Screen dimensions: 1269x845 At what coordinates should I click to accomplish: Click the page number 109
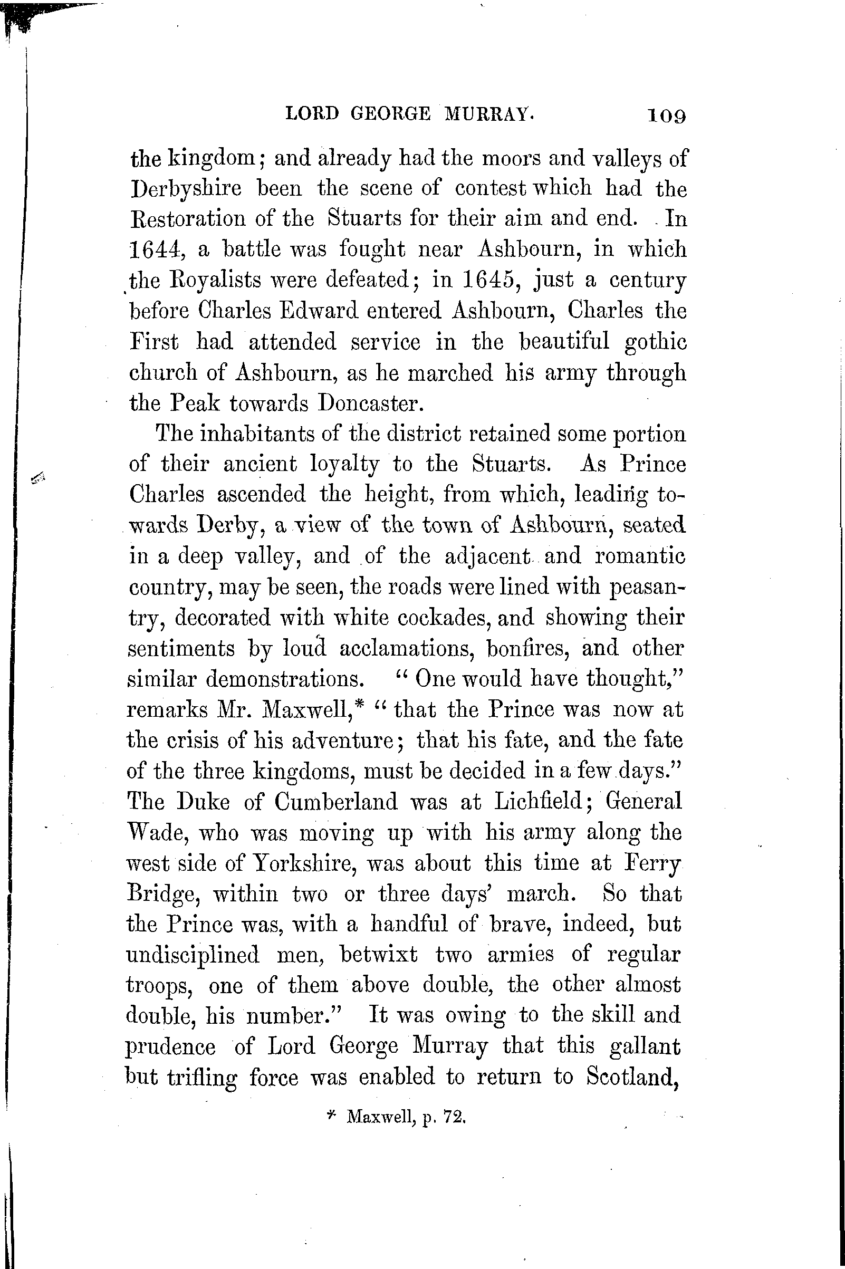(667, 116)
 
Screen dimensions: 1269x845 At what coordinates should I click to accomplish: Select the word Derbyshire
(187, 189)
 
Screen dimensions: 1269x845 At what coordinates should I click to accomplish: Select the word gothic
(655, 342)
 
